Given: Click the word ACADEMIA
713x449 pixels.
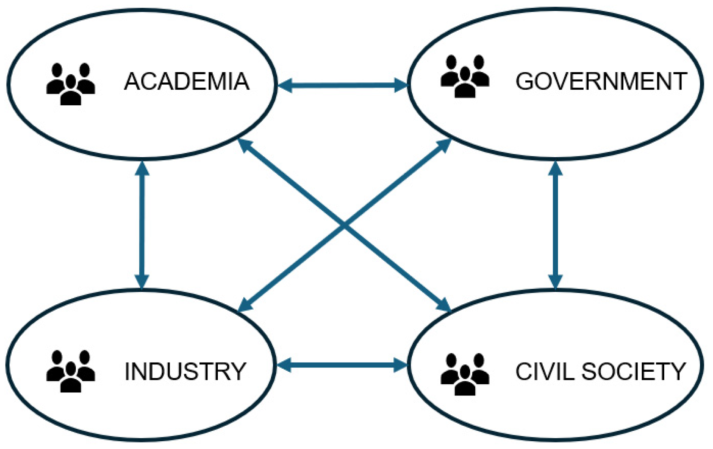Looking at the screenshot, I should coord(186,81).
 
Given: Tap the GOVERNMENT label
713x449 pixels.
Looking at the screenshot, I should coord(601,81).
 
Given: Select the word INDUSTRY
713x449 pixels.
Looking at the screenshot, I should coord(185,371).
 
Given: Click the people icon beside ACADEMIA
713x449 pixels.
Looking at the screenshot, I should coord(70,84).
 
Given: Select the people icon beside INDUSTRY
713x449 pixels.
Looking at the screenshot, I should coord(70,371).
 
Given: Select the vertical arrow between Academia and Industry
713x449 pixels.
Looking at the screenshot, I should coord(142,224).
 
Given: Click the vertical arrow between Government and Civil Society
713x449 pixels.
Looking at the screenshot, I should coord(555,224).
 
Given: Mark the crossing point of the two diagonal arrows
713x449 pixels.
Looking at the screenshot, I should coord(344,224).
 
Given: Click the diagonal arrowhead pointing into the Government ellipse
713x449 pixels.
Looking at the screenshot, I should coord(444,145).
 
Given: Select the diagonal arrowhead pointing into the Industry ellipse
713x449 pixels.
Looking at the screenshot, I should coord(245,305).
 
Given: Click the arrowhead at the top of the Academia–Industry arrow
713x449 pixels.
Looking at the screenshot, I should coord(142,168).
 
